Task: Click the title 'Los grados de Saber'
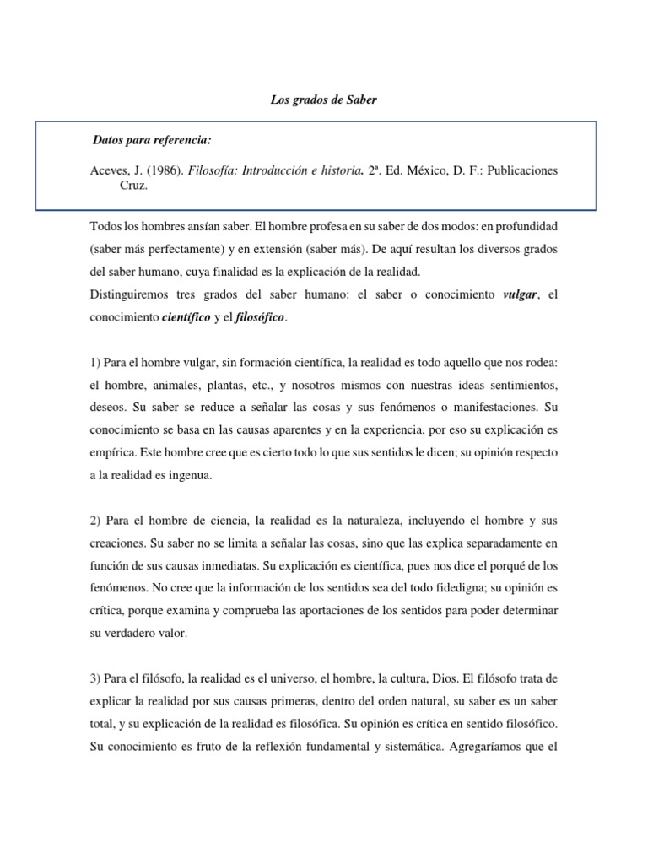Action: click(323, 100)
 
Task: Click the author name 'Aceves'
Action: click(108, 170)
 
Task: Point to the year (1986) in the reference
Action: click(161, 170)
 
